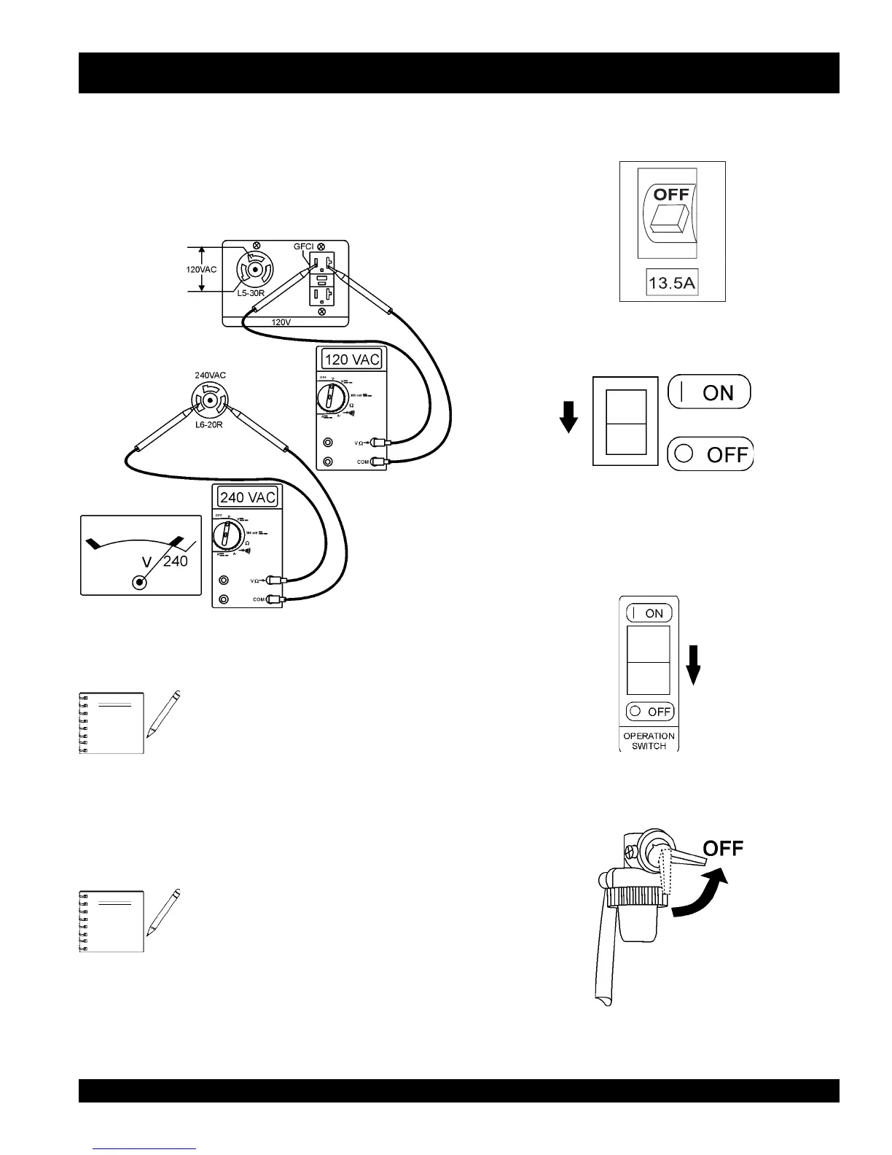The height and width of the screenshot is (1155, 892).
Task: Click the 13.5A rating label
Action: coord(672,282)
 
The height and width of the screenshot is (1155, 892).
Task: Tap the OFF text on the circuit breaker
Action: coord(671,195)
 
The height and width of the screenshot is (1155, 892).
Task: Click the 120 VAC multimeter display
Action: coord(351,359)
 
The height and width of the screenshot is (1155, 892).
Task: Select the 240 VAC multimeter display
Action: coord(248,497)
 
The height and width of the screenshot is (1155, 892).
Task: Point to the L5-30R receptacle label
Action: coord(251,293)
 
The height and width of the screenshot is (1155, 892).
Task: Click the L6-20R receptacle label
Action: coord(208,424)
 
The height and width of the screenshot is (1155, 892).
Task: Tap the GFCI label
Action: coord(303,246)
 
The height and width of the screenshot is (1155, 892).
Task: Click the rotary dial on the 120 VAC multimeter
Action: coord(332,398)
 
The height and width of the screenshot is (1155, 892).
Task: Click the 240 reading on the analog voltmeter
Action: coord(176,561)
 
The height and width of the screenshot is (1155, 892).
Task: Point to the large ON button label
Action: coord(709,392)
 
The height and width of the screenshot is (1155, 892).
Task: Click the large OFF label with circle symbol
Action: coord(710,454)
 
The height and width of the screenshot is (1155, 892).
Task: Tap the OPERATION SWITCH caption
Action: coord(649,741)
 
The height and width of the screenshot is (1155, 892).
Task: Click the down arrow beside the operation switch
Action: coord(694,664)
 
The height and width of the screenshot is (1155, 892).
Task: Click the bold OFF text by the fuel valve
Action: coord(723,849)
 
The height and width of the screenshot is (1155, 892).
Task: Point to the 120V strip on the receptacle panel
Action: coord(286,322)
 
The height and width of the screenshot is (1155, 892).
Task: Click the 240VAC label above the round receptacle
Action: coord(210,376)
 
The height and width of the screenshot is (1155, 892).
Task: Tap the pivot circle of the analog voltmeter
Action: coord(139,582)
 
